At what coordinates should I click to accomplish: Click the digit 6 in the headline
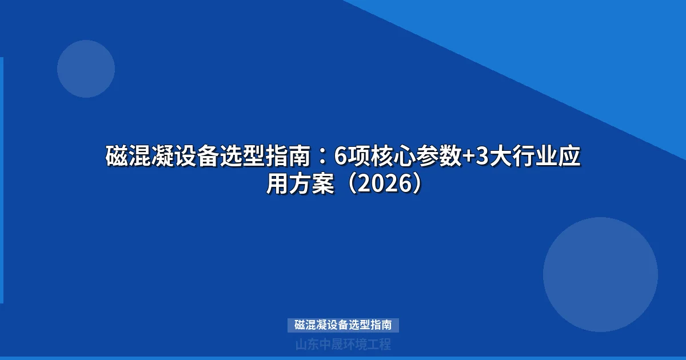[x=341, y=157]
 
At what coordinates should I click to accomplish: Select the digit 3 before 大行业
[x=481, y=157]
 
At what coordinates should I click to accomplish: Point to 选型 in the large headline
[x=251, y=157]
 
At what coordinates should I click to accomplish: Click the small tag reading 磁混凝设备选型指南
[x=343, y=325]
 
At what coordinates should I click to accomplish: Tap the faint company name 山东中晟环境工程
[x=343, y=345]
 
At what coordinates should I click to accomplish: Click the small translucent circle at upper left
[x=86, y=69]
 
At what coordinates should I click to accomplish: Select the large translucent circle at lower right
[x=600, y=274]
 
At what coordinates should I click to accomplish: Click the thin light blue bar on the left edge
[x=2, y=180]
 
